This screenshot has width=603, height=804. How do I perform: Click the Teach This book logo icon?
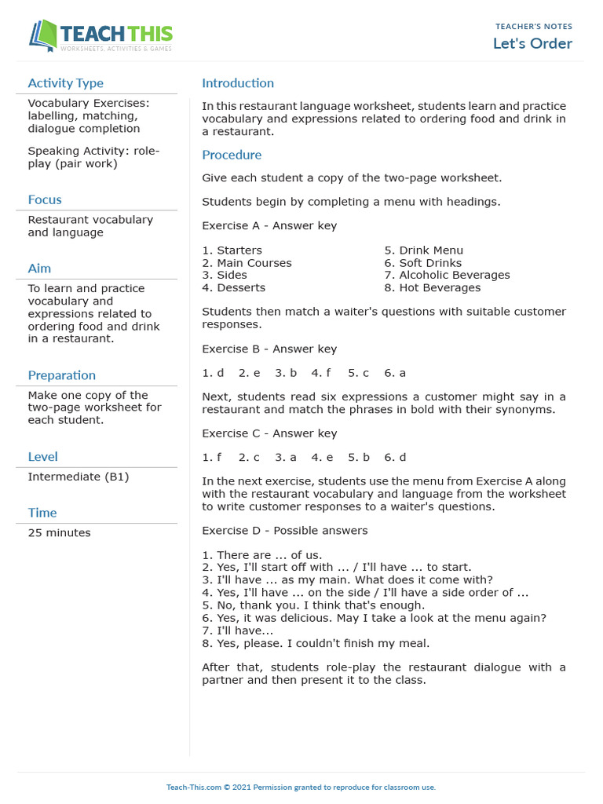coord(43,35)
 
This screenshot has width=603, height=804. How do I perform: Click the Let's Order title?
coord(532,43)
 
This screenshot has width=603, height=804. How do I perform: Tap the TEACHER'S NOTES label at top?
coord(534,27)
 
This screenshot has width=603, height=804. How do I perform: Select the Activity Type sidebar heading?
coord(65,83)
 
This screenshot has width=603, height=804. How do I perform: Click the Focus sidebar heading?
coord(44,199)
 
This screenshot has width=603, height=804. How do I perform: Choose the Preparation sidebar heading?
coord(61,375)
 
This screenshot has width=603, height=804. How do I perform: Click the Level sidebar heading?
coord(42,456)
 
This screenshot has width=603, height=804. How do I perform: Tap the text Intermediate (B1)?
coord(78,477)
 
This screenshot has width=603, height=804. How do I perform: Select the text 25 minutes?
coord(59,533)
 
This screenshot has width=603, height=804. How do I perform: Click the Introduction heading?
coord(238,83)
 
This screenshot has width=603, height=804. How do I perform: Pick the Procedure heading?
coord(232,155)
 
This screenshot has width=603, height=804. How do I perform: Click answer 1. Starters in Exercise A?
coord(232,250)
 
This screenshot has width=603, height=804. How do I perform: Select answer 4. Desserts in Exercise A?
coord(233,287)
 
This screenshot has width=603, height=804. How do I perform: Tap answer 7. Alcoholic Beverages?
coord(447,275)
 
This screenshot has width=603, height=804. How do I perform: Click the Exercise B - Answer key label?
coord(269,349)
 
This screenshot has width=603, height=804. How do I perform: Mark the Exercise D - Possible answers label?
coord(284,531)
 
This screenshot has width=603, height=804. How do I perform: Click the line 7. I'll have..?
coord(237,630)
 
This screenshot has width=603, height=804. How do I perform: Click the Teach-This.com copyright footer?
coord(301,787)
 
